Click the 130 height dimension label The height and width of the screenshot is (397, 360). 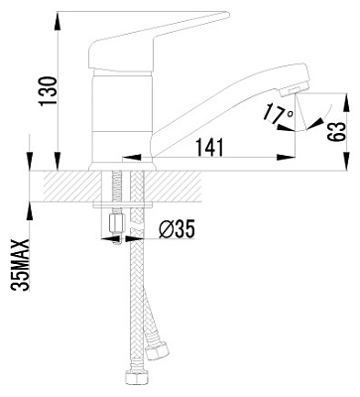tap(48, 91)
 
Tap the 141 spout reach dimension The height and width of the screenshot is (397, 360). tap(209, 147)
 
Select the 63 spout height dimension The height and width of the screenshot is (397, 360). tap(337, 132)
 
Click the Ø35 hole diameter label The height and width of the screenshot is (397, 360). tap(177, 229)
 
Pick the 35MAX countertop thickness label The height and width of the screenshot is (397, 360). tap(20, 265)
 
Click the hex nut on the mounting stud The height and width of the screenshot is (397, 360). tap(116, 222)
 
